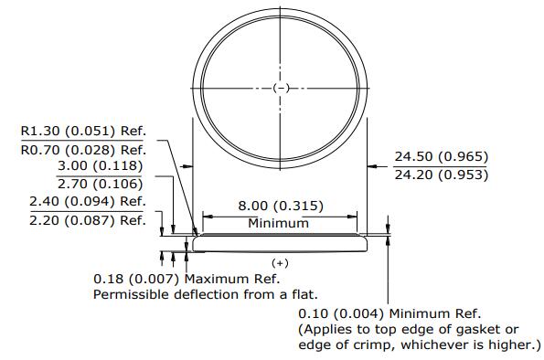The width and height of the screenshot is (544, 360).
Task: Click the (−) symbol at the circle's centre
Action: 281,88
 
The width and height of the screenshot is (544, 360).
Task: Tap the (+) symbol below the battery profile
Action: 280,263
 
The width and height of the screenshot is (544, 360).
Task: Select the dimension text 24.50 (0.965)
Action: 442,157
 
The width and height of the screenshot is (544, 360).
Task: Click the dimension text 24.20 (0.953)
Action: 442,175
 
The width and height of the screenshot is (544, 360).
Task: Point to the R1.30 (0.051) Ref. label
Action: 83,131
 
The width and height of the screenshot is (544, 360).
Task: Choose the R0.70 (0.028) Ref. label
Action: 83,150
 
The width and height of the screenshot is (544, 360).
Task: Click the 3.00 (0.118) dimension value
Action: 101,165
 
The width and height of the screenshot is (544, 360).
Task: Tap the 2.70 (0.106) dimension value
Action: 101,184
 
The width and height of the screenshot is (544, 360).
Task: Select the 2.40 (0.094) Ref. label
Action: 88,202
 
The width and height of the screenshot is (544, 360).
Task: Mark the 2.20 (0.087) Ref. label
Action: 88,220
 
